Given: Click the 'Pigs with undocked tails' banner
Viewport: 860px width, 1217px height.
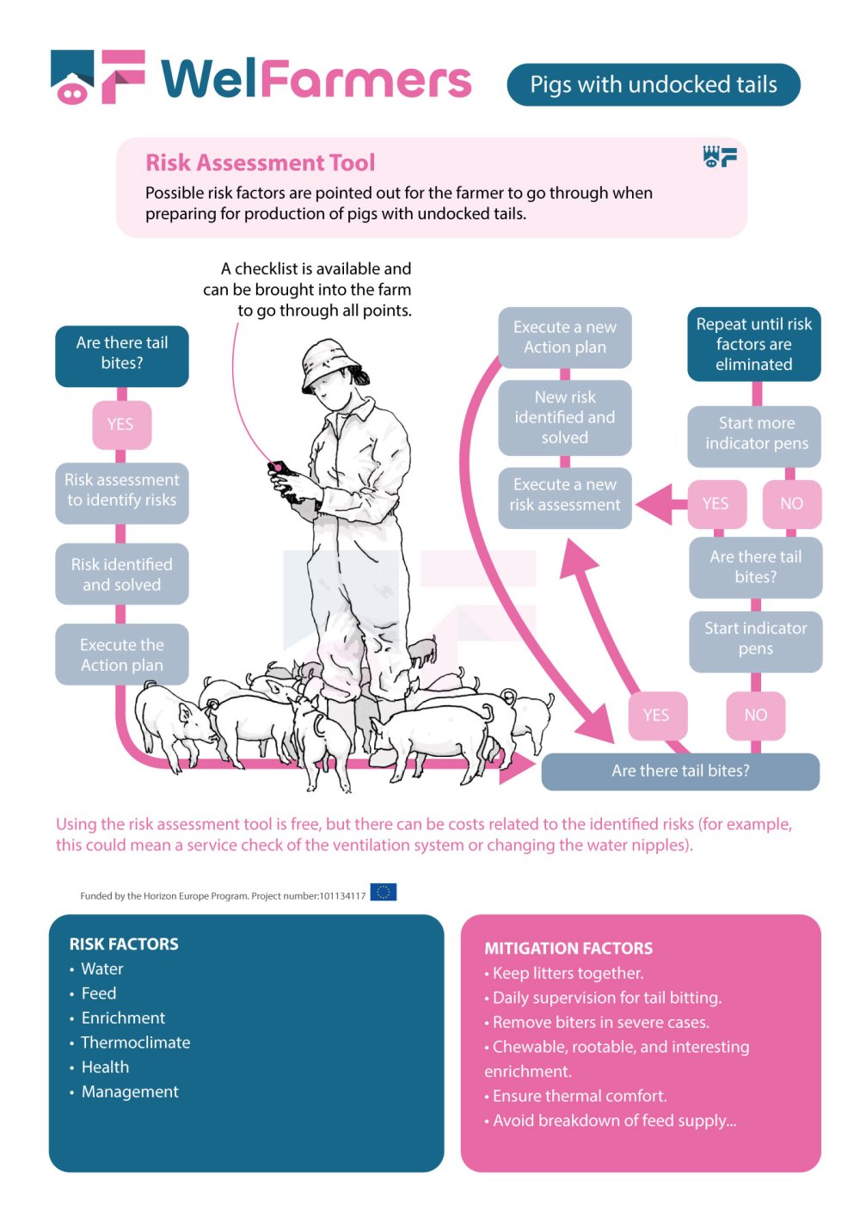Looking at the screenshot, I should [x=654, y=84].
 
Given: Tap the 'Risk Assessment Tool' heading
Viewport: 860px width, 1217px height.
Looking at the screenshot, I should [x=260, y=163].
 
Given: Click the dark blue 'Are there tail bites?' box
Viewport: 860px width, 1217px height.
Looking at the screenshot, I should [x=122, y=353].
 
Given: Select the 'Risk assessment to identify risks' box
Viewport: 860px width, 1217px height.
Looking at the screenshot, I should [x=122, y=490].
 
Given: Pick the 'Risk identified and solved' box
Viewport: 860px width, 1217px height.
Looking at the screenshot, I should [x=122, y=575].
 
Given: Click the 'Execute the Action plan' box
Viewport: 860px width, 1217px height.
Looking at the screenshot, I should [x=122, y=655].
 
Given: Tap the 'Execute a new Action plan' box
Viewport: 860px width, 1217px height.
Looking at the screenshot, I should [x=565, y=337].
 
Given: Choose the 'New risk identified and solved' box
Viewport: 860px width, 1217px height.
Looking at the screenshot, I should [x=565, y=417].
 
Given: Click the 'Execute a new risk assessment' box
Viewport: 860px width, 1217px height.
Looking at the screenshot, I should [x=565, y=495].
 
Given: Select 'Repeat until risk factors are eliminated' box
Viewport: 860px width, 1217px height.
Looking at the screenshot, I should [x=754, y=344].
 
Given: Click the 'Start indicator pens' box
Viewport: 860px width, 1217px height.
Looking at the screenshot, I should [x=756, y=638].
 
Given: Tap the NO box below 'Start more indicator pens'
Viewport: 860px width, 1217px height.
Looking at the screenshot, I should [x=791, y=503].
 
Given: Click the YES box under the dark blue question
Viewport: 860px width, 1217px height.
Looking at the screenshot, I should [x=121, y=424].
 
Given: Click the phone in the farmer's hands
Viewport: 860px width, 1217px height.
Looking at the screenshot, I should [x=284, y=477].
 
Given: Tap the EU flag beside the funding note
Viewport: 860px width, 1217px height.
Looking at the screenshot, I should [x=384, y=892].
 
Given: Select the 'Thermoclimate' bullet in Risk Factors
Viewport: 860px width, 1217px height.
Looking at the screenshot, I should [x=135, y=1042].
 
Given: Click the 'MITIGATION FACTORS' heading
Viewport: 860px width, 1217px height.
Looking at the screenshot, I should [x=568, y=949].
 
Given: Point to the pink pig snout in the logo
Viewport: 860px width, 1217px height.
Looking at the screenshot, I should [x=72, y=92].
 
